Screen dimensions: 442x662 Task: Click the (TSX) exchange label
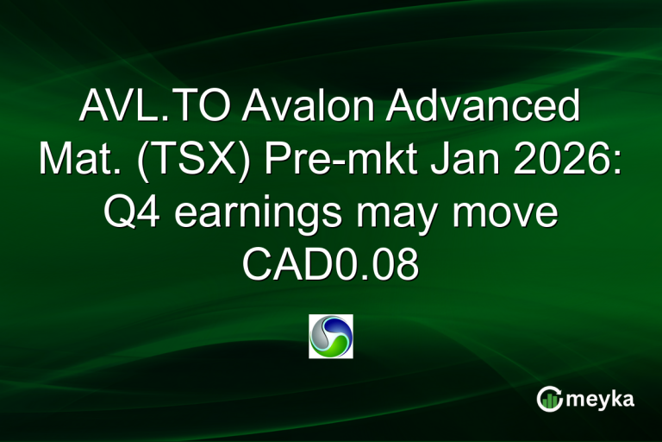tap(200, 161)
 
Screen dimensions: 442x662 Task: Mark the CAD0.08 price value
tap(331, 265)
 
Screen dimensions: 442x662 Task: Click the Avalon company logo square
tap(331, 336)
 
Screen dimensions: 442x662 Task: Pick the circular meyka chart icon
tap(549, 399)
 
